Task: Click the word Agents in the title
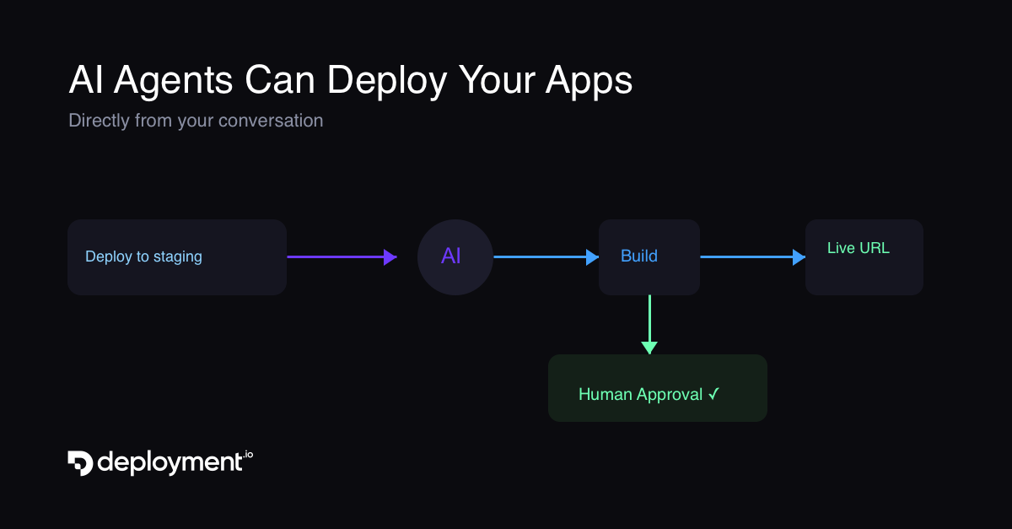[x=173, y=81]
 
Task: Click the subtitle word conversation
[x=270, y=121]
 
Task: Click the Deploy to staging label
[x=143, y=256]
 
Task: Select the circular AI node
[x=455, y=256]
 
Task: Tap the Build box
[x=649, y=256]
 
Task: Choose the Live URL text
[x=858, y=248]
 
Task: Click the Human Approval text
[x=640, y=394]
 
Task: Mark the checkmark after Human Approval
[x=713, y=394]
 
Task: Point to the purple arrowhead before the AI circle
[x=390, y=256]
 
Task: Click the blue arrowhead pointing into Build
[x=592, y=256]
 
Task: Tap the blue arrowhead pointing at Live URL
[x=799, y=256]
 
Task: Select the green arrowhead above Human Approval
[x=649, y=348]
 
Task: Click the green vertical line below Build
[x=649, y=317]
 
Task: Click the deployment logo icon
[x=80, y=462]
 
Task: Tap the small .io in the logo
[x=247, y=456]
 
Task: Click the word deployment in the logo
[x=170, y=462]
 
